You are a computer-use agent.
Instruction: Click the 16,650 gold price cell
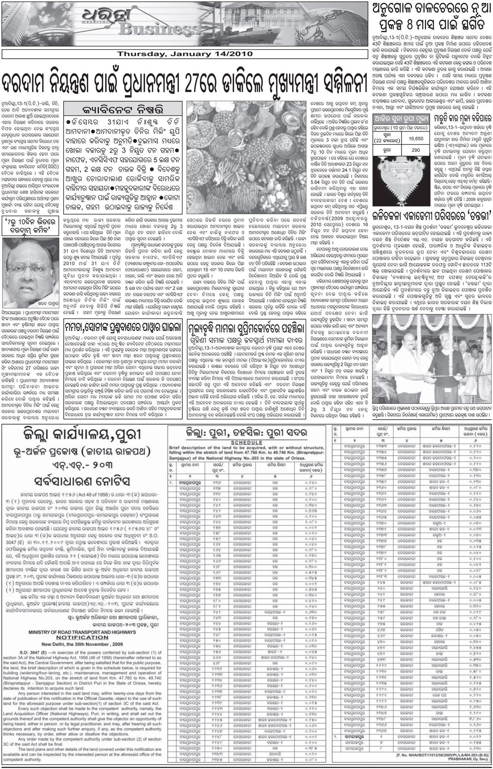416,139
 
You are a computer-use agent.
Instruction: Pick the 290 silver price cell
416,150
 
